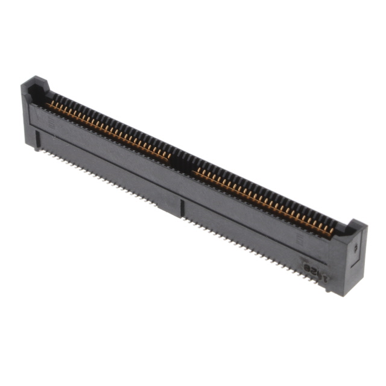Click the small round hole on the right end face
356,247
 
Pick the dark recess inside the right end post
344,230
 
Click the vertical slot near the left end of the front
37,140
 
